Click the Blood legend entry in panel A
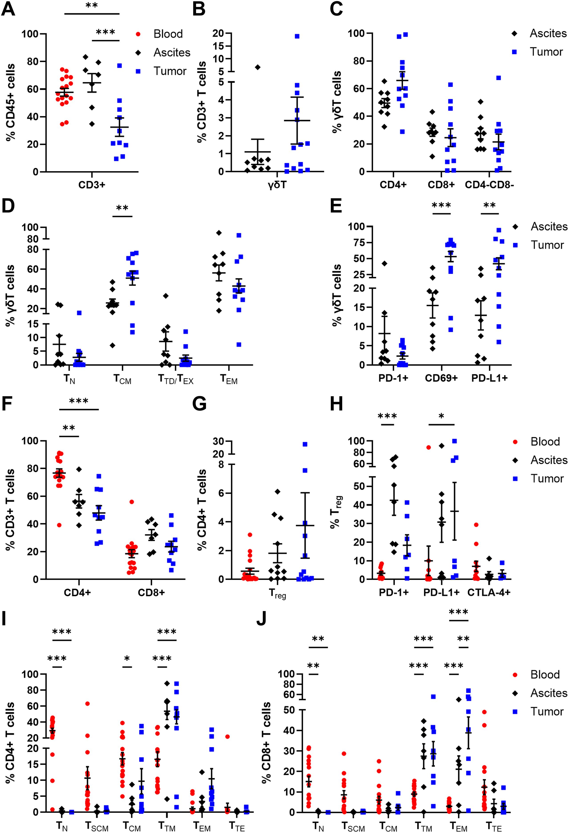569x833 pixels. pyautogui.click(x=168, y=34)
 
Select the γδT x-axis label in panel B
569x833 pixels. pyautogui.click(x=277, y=185)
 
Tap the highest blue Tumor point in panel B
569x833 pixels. pyautogui.click(x=297, y=36)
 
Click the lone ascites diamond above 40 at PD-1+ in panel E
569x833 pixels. pyautogui.click(x=384, y=264)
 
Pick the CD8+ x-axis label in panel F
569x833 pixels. pyautogui.click(x=151, y=593)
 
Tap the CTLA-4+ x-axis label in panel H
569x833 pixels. pyautogui.click(x=489, y=593)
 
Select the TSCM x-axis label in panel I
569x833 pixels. pyautogui.click(x=97, y=825)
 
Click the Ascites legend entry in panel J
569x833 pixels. pyautogui.click(x=549, y=694)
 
